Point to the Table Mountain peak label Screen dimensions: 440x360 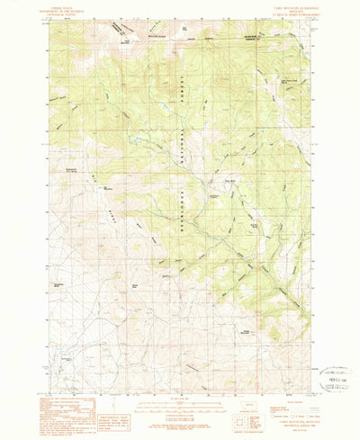point(140,41)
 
